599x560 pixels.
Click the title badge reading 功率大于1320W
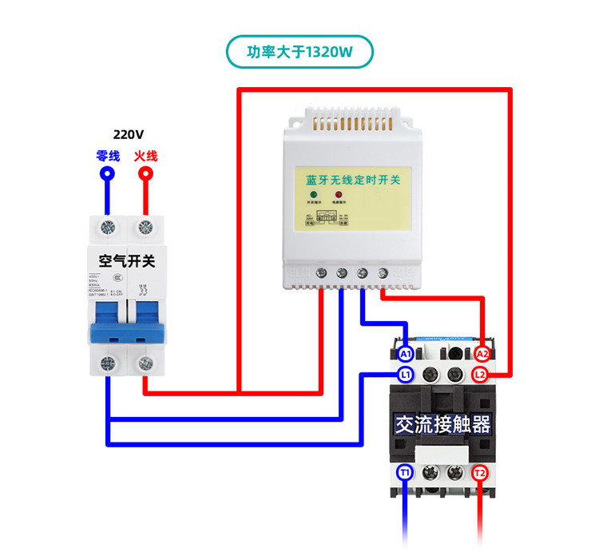tap(299, 52)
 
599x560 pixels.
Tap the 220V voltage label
tap(129, 135)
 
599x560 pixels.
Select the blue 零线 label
tap(107, 156)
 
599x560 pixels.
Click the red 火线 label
tap(145, 156)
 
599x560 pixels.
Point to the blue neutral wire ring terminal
tap(107, 173)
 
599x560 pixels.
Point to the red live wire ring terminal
tap(145, 173)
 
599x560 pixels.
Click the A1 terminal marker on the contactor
tap(405, 353)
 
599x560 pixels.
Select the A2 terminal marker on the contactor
tap(482, 353)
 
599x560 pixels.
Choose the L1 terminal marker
tap(405, 374)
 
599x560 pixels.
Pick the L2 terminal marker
tap(480, 374)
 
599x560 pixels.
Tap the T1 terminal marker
tap(405, 473)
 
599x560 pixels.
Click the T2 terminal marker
tap(480, 473)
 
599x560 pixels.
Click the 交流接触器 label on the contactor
tap(442, 423)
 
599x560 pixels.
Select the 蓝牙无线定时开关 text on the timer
tap(352, 180)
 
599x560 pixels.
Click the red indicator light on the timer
tap(338, 195)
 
